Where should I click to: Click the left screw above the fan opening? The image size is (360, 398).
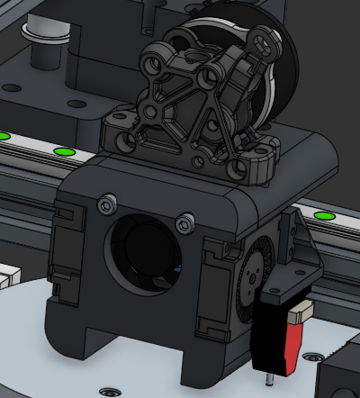click(x=110, y=199)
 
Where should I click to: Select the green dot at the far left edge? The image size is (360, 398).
click(x=3, y=136)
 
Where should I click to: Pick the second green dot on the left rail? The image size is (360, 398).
click(x=63, y=151)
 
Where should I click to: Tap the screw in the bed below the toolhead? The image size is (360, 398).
click(x=110, y=392)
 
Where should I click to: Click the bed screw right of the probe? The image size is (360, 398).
click(x=315, y=357)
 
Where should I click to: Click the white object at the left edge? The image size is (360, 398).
click(x=7, y=275)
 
